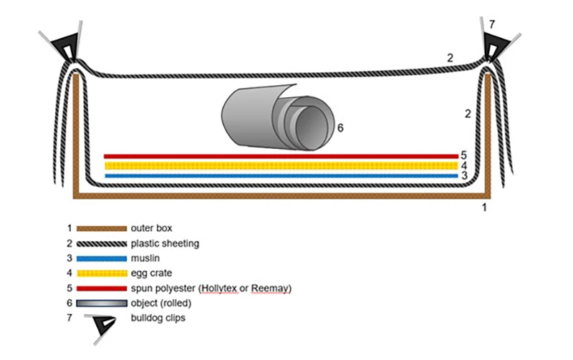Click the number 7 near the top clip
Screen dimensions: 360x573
(491, 24)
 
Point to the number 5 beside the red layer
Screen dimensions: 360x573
(464, 155)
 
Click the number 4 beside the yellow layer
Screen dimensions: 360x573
(464, 165)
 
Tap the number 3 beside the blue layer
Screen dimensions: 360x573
(464, 176)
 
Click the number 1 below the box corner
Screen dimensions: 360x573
(484, 208)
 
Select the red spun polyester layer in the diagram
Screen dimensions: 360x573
(280, 155)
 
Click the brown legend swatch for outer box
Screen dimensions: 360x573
(99, 229)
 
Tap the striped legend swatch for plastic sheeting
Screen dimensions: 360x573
(99, 243)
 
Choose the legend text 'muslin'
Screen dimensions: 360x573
(146, 258)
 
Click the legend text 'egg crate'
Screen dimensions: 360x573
(151, 273)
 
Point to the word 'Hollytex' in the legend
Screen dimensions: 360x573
(223, 288)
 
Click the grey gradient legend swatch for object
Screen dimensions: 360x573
(99, 303)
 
